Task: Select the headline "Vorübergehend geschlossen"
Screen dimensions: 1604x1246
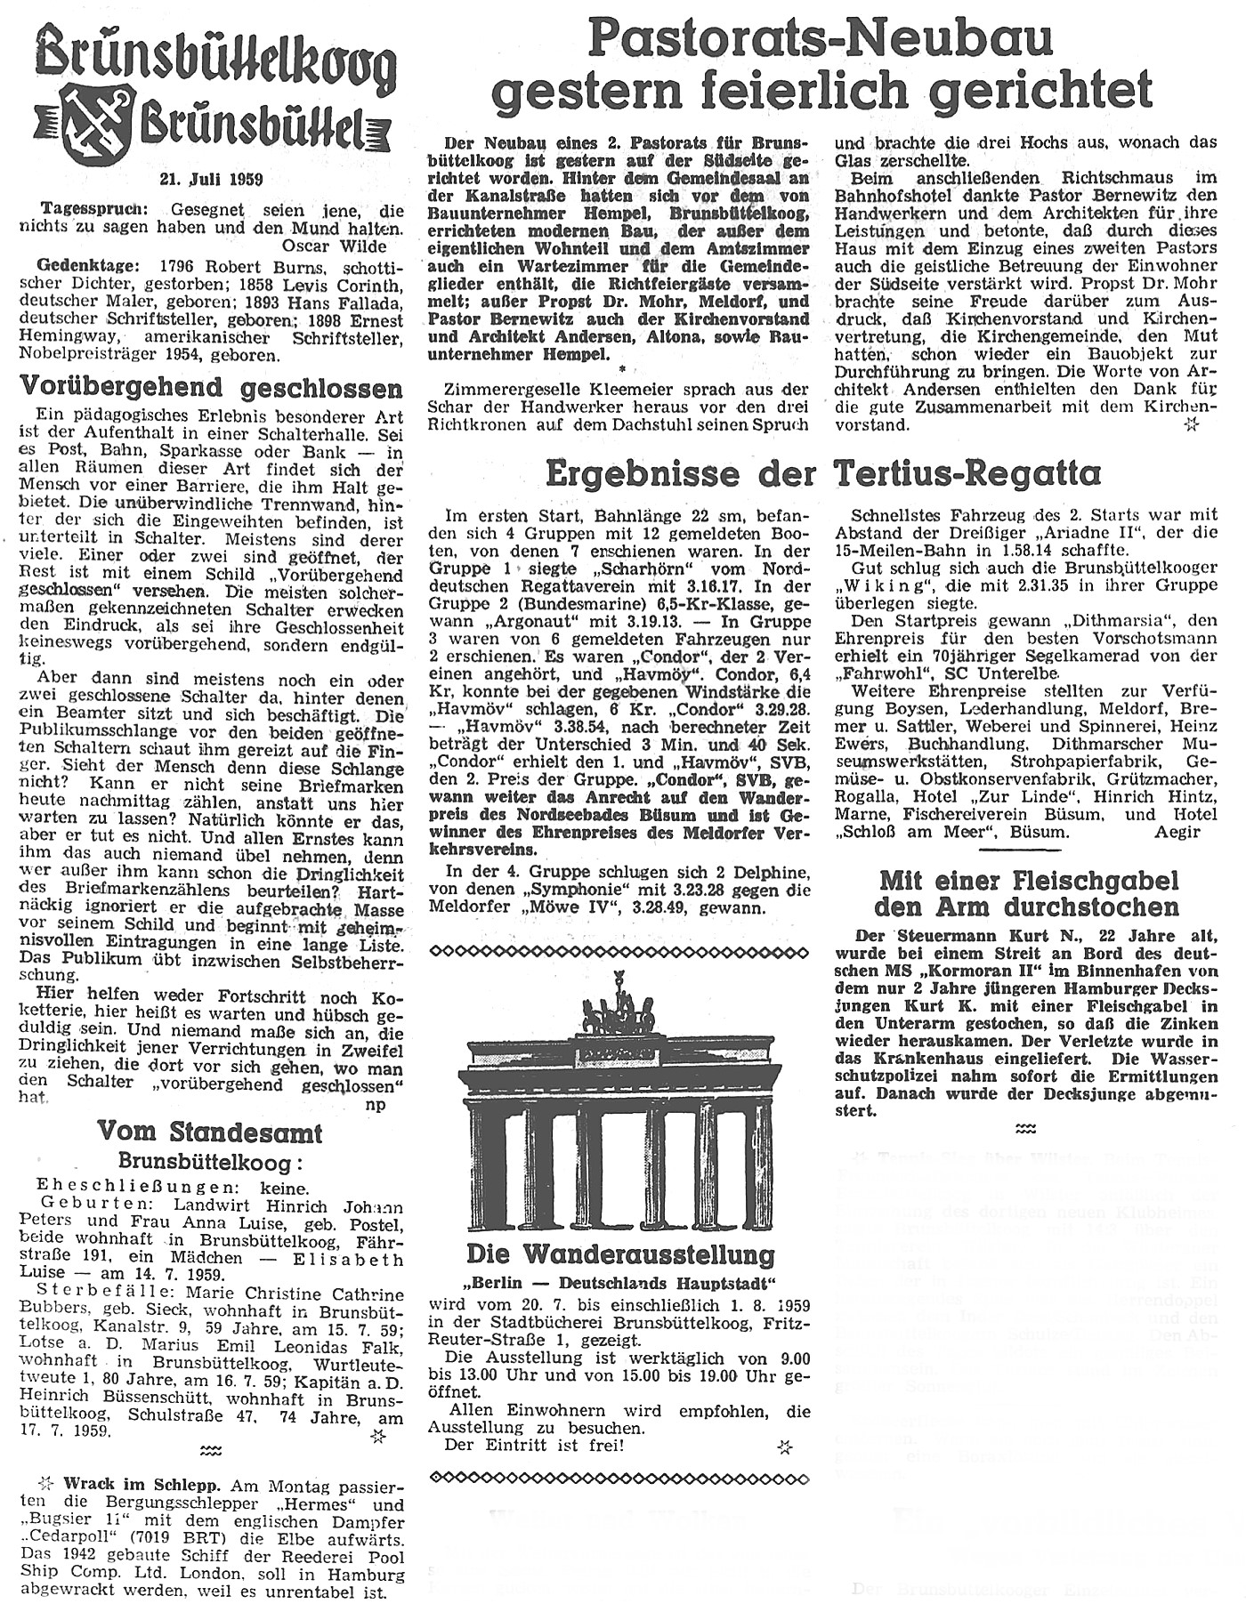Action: [211, 388]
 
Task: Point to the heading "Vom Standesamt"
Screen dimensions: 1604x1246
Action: [210, 1132]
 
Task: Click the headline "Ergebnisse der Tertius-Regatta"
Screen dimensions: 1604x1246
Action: [822, 474]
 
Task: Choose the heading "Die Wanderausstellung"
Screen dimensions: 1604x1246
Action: [620, 1255]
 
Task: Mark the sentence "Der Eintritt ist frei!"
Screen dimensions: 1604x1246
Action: [534, 1444]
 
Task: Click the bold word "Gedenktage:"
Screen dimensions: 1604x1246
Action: [75, 266]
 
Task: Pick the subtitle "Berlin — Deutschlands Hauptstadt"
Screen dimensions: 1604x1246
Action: [620, 1285]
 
